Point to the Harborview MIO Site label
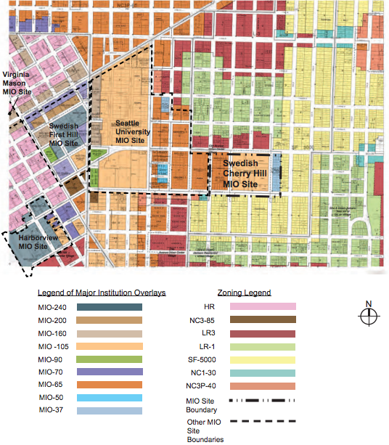[x=36, y=242]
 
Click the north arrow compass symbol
[x=369, y=315]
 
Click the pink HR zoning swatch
[x=264, y=307]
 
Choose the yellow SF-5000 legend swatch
[x=264, y=360]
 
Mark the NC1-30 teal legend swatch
[x=264, y=373]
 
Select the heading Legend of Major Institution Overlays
[x=102, y=293]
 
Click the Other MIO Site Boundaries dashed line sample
[x=264, y=422]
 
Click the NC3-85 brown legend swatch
[x=264, y=320]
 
